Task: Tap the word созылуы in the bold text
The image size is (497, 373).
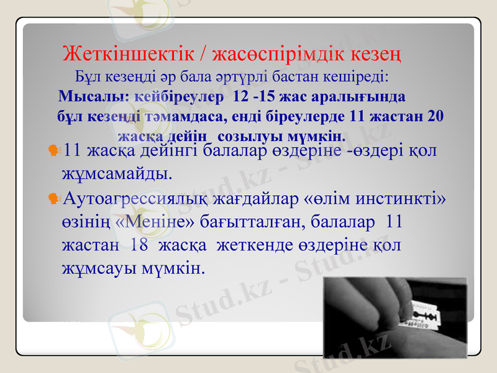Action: [248, 135]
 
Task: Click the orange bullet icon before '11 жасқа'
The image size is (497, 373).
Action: [53, 150]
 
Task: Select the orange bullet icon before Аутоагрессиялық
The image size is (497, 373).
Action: [53, 198]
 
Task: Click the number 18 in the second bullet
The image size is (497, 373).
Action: [139, 245]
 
